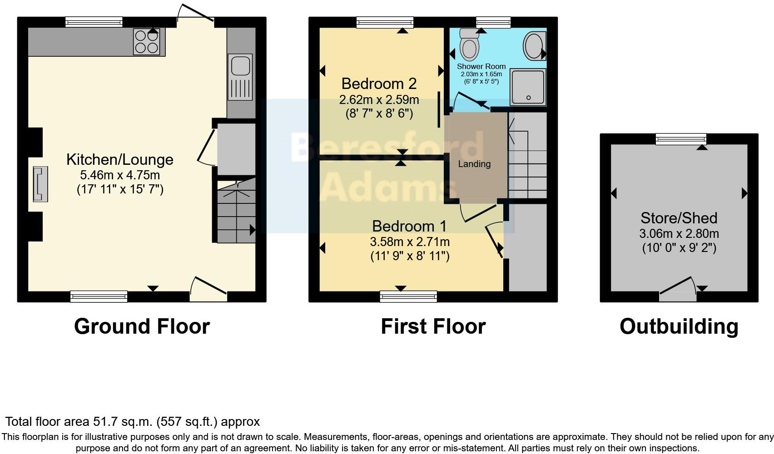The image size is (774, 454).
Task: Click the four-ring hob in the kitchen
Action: pyautogui.click(x=146, y=42)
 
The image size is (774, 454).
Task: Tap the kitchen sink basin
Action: pyautogui.click(x=241, y=66)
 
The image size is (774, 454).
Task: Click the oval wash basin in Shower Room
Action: pyautogui.click(x=533, y=46)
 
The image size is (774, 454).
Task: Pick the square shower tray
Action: pyautogui.click(x=528, y=87)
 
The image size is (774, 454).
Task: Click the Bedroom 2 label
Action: pyautogui.click(x=379, y=84)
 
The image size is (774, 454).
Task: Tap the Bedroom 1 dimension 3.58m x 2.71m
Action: pyautogui.click(x=409, y=242)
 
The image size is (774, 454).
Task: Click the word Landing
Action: pyautogui.click(x=474, y=164)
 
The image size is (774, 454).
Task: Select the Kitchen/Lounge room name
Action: pyautogui.click(x=119, y=159)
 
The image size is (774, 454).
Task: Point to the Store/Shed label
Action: pyautogui.click(x=679, y=218)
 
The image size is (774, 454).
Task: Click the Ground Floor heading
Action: pyautogui.click(x=142, y=326)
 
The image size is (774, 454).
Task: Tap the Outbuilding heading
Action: pyautogui.click(x=679, y=326)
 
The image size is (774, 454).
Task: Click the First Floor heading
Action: pyautogui.click(x=433, y=326)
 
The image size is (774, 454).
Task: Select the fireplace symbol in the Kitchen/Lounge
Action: pyautogui.click(x=40, y=184)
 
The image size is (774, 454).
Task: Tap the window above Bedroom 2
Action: pyautogui.click(x=385, y=22)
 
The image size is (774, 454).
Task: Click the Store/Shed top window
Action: pyautogui.click(x=681, y=139)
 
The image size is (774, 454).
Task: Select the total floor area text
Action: pyautogui.click(x=132, y=422)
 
